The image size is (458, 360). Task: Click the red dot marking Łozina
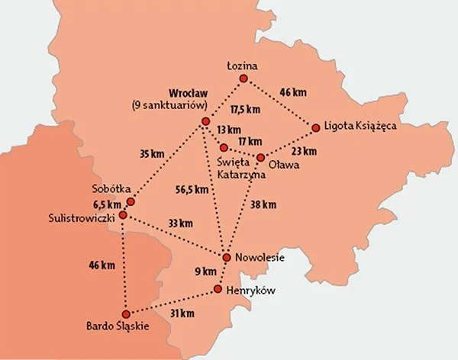[x=244, y=79]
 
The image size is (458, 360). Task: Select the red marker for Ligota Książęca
[x=315, y=127]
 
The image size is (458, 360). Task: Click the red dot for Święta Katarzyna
[x=224, y=146]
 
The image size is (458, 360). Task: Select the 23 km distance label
[x=304, y=151]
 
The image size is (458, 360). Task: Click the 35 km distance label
[x=152, y=154]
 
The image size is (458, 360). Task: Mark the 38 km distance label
[x=263, y=204]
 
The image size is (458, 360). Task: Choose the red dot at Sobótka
[x=131, y=202]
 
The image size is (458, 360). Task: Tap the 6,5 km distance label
[x=107, y=204]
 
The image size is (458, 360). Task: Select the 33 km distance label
[x=180, y=223]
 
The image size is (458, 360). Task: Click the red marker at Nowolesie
[x=227, y=257]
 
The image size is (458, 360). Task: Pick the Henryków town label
[x=250, y=291]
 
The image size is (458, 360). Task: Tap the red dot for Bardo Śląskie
[x=124, y=313]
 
